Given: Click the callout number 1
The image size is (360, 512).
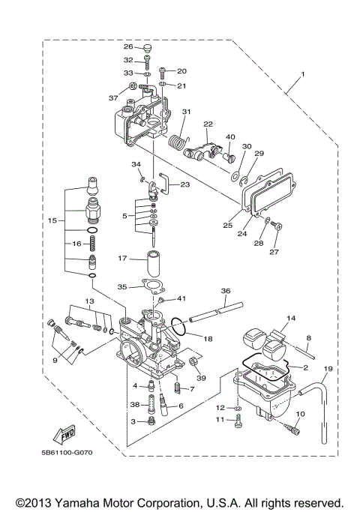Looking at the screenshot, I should (x=303, y=74).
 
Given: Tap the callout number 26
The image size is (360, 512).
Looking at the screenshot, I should (x=128, y=46).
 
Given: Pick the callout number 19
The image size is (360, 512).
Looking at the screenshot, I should (x=327, y=370).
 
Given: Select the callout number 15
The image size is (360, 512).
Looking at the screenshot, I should (x=52, y=221).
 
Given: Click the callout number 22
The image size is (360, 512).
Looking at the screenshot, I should (x=208, y=124).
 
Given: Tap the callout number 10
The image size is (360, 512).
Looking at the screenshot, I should (x=301, y=414).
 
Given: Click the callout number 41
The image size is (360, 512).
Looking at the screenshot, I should (x=181, y=299).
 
